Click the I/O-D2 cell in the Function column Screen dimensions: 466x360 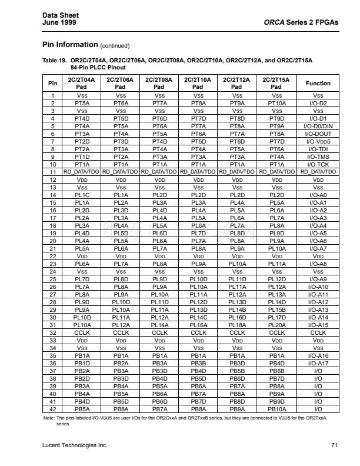(x=318, y=102)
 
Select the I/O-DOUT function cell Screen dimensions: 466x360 (x=318, y=134)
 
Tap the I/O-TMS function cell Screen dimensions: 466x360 (x=318, y=157)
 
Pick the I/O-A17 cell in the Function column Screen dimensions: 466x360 (x=318, y=364)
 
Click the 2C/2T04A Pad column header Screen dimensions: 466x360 (x=82, y=83)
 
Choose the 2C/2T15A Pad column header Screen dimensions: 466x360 (x=276, y=83)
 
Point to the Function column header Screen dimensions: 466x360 (x=318, y=83)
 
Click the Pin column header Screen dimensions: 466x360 (x=53, y=83)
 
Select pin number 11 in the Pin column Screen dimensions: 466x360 (x=53, y=172)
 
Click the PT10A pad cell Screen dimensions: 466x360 (x=276, y=102)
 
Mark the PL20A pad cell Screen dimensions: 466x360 (x=276, y=325)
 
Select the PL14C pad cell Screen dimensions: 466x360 (x=198, y=318)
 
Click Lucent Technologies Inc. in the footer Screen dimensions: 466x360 (x=75, y=445)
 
